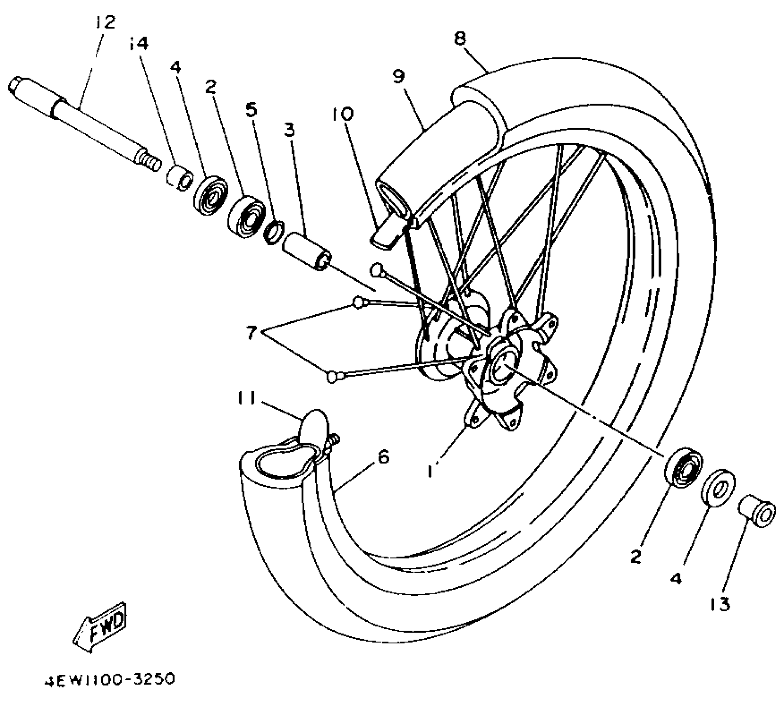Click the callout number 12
tap(105, 22)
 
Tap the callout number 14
tap(139, 43)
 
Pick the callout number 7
tap(251, 332)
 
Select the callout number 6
tap(383, 457)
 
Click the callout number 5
tap(251, 109)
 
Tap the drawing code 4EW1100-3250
tap(110, 679)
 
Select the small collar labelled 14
tap(180, 177)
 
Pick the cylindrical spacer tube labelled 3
tap(306, 251)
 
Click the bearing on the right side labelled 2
tap(683, 467)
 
